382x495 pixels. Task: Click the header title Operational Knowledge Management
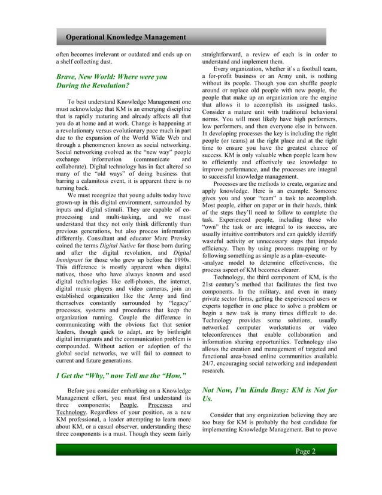(x=126, y=38)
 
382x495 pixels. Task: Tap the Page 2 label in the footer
(x=305, y=451)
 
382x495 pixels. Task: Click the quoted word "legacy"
(x=180, y=303)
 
